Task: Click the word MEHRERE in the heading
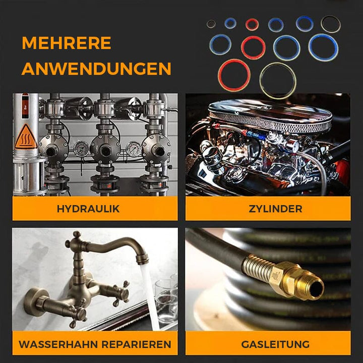point(67,43)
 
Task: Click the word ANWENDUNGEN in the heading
point(96,69)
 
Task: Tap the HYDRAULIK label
point(88,209)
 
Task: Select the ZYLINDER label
point(275,209)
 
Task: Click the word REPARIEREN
point(136,344)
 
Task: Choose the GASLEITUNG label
point(275,344)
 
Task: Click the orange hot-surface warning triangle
point(26,137)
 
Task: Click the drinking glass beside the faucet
point(166,300)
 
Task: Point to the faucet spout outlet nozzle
point(142,258)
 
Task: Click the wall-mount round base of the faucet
point(35,300)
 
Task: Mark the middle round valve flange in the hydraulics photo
point(105,149)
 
